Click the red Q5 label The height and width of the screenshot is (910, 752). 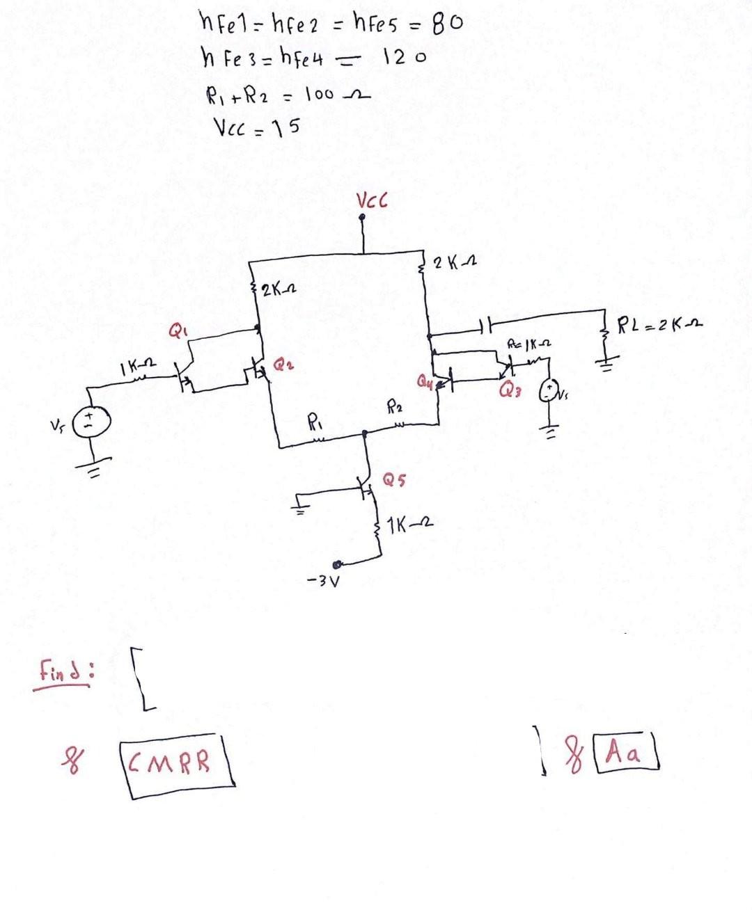tap(395, 479)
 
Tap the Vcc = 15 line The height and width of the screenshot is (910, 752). tap(256, 127)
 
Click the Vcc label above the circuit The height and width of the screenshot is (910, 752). tap(373, 201)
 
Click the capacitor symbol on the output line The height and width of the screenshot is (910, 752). tap(487, 324)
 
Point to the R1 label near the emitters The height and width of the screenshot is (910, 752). tap(315, 422)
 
